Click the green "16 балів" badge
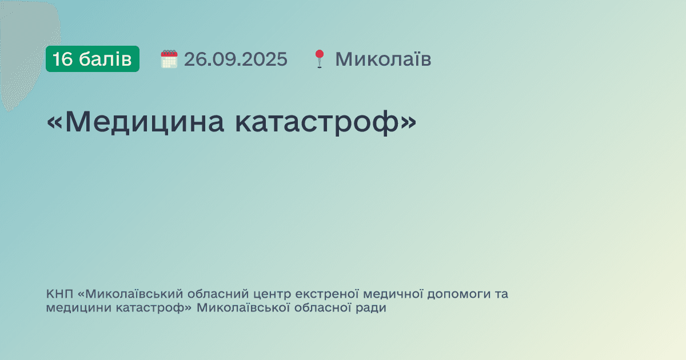[x=93, y=59]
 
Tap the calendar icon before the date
[x=169, y=59]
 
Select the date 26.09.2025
[x=236, y=59]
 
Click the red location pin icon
[x=319, y=59]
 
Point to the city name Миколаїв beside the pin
[x=383, y=59]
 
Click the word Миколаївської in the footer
[x=240, y=309]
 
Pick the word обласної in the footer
[x=321, y=309]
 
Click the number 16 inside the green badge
[x=63, y=59]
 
